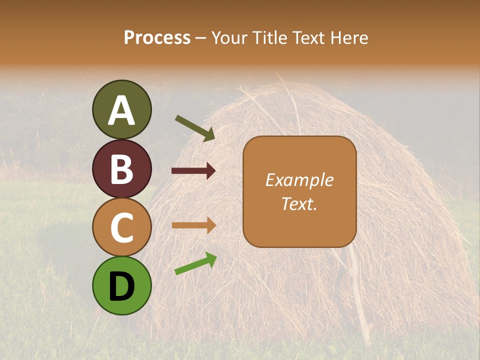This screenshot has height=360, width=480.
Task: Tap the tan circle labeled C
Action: (122, 227)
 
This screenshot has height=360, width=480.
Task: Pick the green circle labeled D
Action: (122, 285)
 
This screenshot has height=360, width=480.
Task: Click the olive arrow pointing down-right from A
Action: (195, 128)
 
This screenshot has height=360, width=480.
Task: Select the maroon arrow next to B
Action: (193, 171)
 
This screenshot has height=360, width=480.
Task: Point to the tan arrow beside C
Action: (193, 225)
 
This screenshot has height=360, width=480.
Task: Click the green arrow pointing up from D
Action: (195, 263)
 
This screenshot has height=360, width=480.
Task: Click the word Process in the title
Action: (157, 37)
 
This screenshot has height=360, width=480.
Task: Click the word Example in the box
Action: (299, 180)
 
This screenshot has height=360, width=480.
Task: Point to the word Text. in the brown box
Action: (299, 203)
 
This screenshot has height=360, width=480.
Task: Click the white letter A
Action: (122, 110)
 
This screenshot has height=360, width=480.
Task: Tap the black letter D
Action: (122, 286)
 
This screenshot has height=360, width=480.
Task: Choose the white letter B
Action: (122, 169)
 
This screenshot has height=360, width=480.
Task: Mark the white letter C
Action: (122, 227)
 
